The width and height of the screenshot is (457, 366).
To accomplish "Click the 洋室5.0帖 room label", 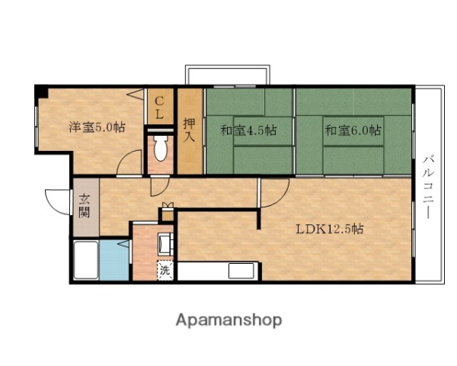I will (x=97, y=127).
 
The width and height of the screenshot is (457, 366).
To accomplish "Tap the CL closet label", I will (x=159, y=108).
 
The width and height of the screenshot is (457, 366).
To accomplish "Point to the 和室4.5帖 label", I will (x=248, y=130).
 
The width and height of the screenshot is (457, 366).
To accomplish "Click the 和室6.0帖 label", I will (x=353, y=130).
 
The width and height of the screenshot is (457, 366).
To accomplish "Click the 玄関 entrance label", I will (x=85, y=207).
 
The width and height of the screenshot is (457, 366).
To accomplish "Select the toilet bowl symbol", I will (x=160, y=150).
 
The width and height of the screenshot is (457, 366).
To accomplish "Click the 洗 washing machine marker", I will (x=165, y=268).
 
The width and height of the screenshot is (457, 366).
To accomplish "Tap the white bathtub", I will (x=86, y=261).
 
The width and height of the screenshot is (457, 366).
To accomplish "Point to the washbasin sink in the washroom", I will (x=165, y=245).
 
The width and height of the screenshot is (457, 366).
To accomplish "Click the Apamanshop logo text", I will (x=228, y=319).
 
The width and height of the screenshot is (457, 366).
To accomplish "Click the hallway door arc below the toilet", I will (x=161, y=187).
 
